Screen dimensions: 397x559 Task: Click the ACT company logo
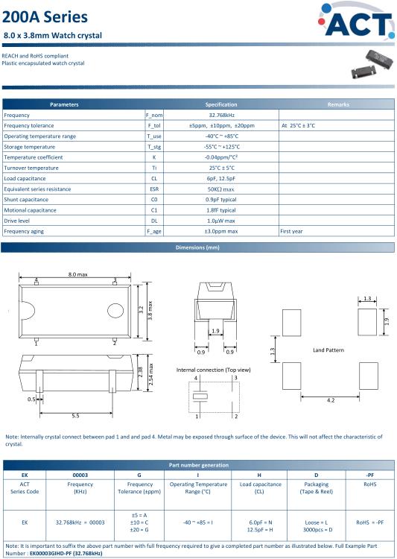[x=356, y=21]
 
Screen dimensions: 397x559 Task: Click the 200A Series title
[x=45, y=17]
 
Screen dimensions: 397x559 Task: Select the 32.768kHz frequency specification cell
[x=221, y=115]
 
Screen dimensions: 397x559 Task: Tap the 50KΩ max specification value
[x=221, y=189]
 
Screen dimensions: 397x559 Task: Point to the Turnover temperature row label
[x=31, y=168]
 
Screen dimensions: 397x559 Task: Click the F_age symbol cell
[x=154, y=231]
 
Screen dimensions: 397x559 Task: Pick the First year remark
[x=291, y=231]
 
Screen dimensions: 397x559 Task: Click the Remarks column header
[x=338, y=104]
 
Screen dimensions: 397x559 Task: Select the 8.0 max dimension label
[x=77, y=274]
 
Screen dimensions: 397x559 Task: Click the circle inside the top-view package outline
[x=115, y=311]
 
